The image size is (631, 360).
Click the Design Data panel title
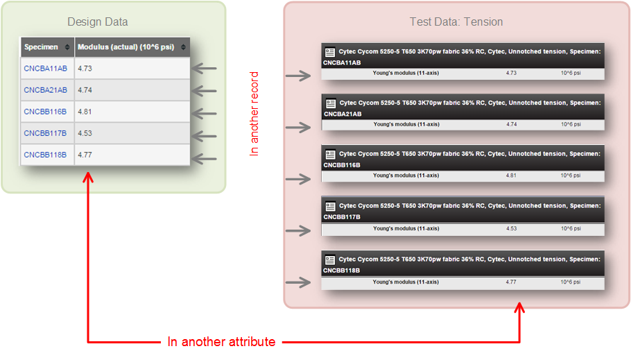coord(97,22)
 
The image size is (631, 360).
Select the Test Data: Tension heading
coord(456,22)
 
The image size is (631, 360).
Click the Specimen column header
coord(41,47)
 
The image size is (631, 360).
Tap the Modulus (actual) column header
coord(126,47)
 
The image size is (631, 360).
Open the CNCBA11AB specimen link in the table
coord(46,69)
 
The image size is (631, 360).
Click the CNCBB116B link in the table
coord(45,112)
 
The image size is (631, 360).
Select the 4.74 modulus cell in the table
coord(85,90)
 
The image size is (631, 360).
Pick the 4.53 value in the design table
coord(85,133)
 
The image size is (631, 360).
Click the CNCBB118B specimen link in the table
coord(45,155)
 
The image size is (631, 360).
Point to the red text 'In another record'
coord(254,114)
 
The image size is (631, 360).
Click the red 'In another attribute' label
coord(221,342)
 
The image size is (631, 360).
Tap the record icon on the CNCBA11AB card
coord(330,52)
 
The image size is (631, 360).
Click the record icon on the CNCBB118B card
coord(330,259)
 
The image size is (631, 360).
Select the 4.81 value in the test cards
coord(511,175)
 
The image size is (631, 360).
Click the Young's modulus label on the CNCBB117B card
coord(406,228)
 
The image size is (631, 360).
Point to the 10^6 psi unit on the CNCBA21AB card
coord(571,124)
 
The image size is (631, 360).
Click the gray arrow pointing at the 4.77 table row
coord(205,159)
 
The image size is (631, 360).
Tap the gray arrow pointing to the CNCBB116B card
coord(298,179)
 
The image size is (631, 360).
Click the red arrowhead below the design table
coord(88,177)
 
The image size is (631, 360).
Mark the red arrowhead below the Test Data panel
coord(519,308)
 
